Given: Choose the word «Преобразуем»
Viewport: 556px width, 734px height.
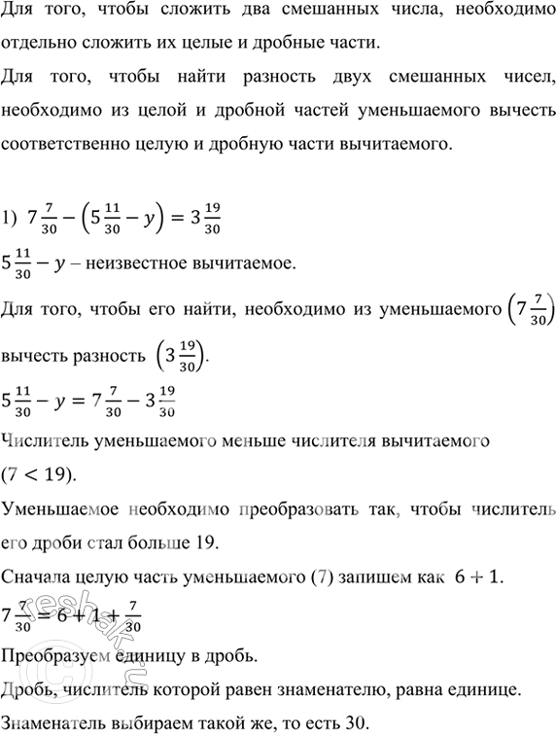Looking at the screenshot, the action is (x=56, y=655).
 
